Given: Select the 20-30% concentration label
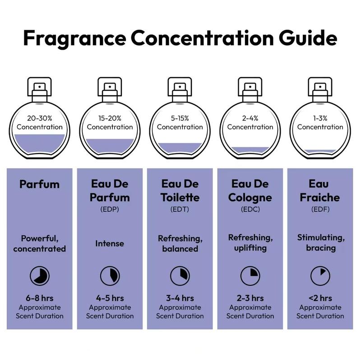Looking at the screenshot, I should [x=40, y=122].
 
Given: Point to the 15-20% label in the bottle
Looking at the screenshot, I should [x=110, y=122].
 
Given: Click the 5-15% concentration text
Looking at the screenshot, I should [x=180, y=122].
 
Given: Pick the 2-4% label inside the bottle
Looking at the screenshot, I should [x=250, y=122].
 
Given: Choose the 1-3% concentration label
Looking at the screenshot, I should [x=320, y=122].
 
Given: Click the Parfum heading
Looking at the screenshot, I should [x=39, y=184].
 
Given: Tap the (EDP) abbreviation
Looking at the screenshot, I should [x=110, y=210].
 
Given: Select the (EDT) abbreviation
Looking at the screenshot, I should [x=180, y=210].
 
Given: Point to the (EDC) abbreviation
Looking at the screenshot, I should [x=250, y=210].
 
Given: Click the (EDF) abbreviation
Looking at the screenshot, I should [x=320, y=210].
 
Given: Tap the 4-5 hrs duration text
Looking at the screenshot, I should [x=110, y=298].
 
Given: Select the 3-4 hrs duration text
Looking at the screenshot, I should [x=180, y=298].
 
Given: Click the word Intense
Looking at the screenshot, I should [x=110, y=243].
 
